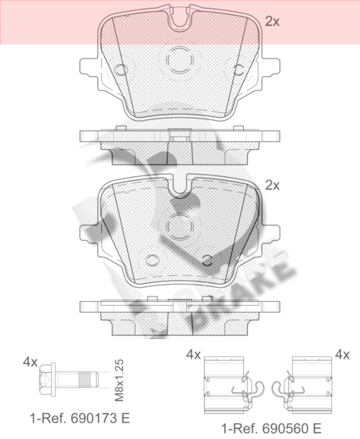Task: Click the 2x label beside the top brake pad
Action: point(272,21)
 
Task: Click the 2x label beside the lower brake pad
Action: point(272,185)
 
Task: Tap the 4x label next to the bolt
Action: point(30,362)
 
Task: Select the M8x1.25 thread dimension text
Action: point(120,381)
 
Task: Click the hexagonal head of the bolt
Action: point(46,379)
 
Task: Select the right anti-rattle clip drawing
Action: point(302,385)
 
